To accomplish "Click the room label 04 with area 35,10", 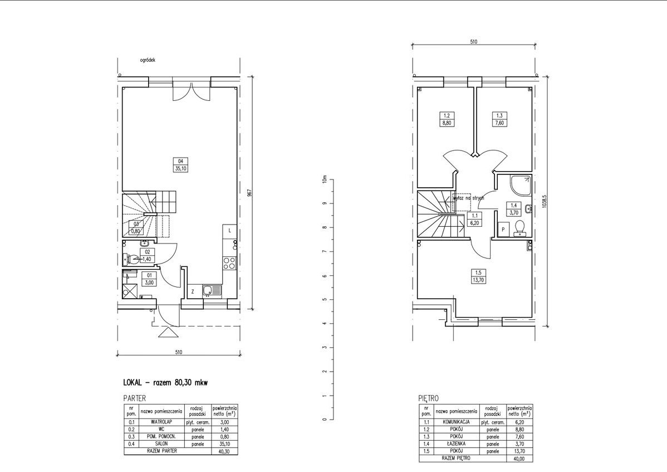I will tap(180, 165).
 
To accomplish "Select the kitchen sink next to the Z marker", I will tap(212, 290).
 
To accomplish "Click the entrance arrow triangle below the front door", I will tap(166, 333).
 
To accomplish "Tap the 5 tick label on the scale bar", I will tap(324, 300).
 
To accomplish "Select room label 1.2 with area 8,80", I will tap(446, 120).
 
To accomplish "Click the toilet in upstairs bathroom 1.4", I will tap(519, 226).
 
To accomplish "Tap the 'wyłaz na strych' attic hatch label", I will tap(469, 197).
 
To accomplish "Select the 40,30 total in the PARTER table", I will tap(224, 451).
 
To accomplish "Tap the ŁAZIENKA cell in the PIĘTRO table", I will tap(456, 444).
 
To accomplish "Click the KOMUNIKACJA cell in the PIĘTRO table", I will tap(456, 422).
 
